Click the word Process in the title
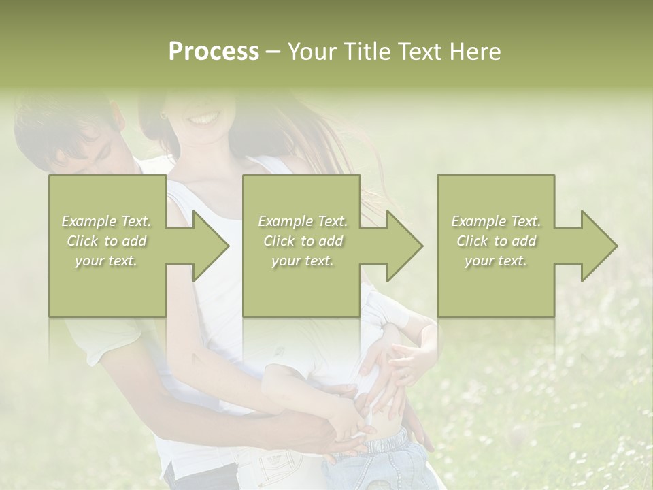click(x=214, y=52)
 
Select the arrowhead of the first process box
click(x=207, y=246)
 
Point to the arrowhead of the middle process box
click(x=401, y=246)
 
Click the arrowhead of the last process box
click(x=596, y=246)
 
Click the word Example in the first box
click(x=88, y=221)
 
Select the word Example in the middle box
click(x=285, y=221)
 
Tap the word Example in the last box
click(x=478, y=221)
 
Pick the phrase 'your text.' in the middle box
click(x=302, y=261)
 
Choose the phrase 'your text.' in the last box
click(x=495, y=261)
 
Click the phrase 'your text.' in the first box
click(x=106, y=261)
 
